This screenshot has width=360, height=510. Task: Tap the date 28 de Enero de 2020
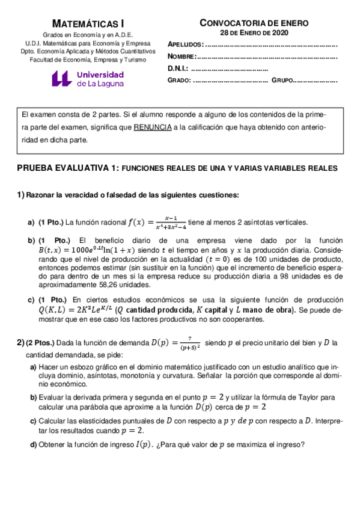[254, 33]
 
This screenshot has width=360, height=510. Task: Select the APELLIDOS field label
[186, 45]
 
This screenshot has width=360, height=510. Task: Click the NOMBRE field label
[182, 57]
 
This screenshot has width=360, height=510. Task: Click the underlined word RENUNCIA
[152, 127]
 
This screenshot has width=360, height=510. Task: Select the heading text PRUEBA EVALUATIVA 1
[67, 169]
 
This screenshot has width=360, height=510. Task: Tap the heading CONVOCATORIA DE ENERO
[254, 23]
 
